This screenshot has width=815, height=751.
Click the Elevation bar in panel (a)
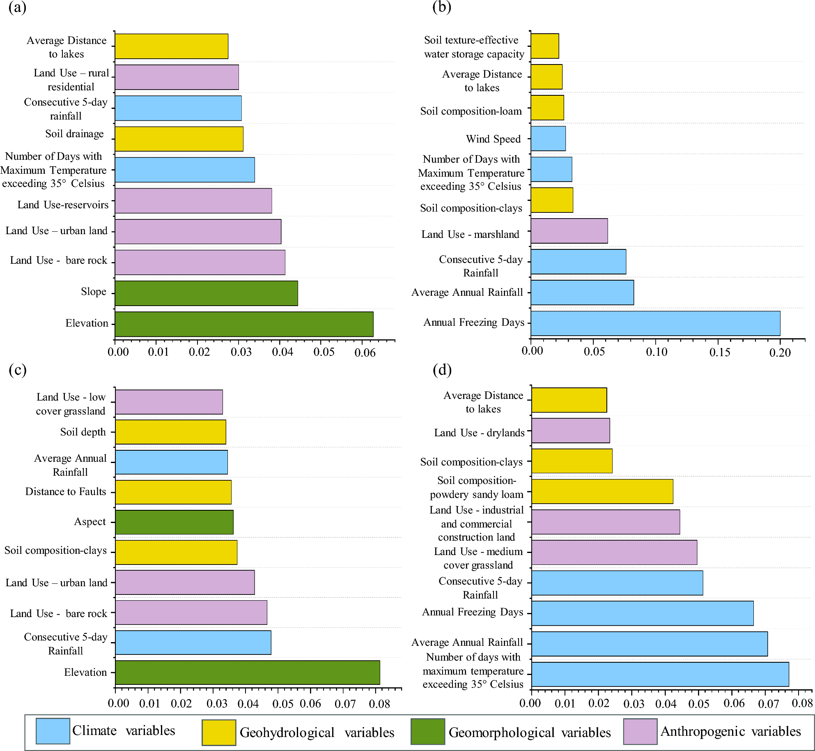click(244, 324)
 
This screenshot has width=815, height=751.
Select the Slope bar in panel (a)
click(206, 293)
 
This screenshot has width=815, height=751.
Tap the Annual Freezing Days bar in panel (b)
click(655, 323)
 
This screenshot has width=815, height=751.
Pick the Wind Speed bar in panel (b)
click(548, 138)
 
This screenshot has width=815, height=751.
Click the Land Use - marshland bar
click(569, 231)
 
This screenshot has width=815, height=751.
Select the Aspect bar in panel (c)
click(174, 522)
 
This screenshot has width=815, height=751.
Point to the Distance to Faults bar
click(173, 492)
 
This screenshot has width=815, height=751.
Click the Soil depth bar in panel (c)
click(170, 432)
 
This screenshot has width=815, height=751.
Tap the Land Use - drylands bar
click(570, 431)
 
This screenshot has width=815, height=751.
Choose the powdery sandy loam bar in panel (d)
click(602, 491)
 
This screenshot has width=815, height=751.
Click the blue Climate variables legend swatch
click(53, 731)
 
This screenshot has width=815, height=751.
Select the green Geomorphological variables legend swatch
click(427, 732)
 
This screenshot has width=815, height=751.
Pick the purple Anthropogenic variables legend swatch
click(640, 732)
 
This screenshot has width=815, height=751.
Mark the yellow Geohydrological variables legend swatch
click(219, 733)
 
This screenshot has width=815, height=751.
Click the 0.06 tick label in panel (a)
click(365, 352)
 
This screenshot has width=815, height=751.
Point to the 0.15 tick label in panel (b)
click(720, 352)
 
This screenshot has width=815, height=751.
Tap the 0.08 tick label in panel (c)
click(379, 704)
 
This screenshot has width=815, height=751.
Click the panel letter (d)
click(442, 370)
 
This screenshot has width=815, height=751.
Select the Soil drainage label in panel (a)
click(74, 134)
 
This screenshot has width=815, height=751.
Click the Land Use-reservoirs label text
click(63, 205)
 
